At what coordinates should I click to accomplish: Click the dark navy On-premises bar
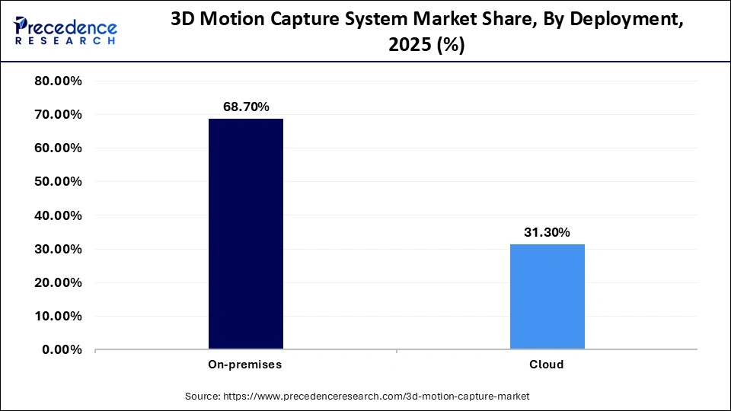245,234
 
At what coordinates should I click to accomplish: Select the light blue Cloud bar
547,296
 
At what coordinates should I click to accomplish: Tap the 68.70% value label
245,107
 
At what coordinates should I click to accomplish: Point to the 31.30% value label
547,233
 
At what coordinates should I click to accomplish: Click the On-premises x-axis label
245,365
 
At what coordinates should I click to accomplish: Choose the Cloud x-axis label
547,365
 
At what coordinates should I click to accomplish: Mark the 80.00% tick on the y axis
59,81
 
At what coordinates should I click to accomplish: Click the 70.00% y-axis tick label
59,115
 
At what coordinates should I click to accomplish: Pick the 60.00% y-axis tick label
59,148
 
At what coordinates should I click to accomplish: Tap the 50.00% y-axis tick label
59,182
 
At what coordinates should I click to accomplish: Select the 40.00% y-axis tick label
59,215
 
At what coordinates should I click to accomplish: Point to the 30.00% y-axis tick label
59,249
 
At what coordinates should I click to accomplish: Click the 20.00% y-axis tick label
59,282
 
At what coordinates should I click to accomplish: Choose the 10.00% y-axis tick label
59,316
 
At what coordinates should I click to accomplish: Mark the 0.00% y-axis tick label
62,349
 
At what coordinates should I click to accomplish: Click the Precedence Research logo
65,31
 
